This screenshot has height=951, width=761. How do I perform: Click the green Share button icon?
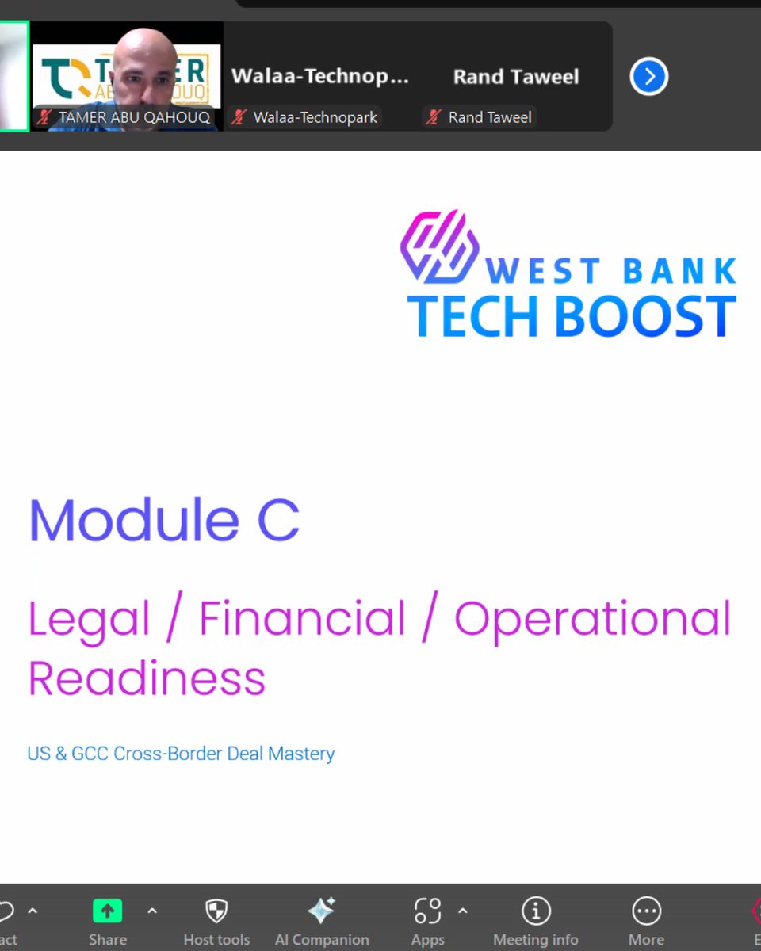tap(108, 911)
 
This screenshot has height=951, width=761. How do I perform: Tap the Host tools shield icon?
tap(216, 911)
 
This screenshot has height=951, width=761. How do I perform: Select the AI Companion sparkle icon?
tap(322, 911)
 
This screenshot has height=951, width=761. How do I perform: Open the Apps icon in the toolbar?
tap(427, 911)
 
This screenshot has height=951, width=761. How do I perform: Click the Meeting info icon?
tap(536, 911)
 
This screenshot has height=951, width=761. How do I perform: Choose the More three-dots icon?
tap(646, 911)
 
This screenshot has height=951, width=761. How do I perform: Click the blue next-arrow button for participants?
tap(649, 77)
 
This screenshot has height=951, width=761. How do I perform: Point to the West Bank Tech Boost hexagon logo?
tap(439, 246)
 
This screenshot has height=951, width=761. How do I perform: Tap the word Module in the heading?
tap(133, 521)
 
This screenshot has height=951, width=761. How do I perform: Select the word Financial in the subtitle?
tap(302, 619)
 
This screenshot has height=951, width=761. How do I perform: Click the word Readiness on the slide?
tap(147, 678)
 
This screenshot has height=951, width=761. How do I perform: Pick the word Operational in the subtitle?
tap(592, 619)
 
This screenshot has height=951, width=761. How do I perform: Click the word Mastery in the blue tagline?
tap(301, 753)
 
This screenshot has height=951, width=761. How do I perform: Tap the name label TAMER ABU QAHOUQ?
tap(133, 117)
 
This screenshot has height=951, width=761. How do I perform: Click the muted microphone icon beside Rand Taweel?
tap(434, 117)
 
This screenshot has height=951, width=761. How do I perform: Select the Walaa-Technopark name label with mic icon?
tap(305, 117)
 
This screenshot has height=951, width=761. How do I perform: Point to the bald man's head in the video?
tap(144, 59)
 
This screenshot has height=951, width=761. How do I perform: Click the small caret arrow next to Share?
tap(152, 911)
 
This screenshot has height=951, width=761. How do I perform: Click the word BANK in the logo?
tap(679, 271)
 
